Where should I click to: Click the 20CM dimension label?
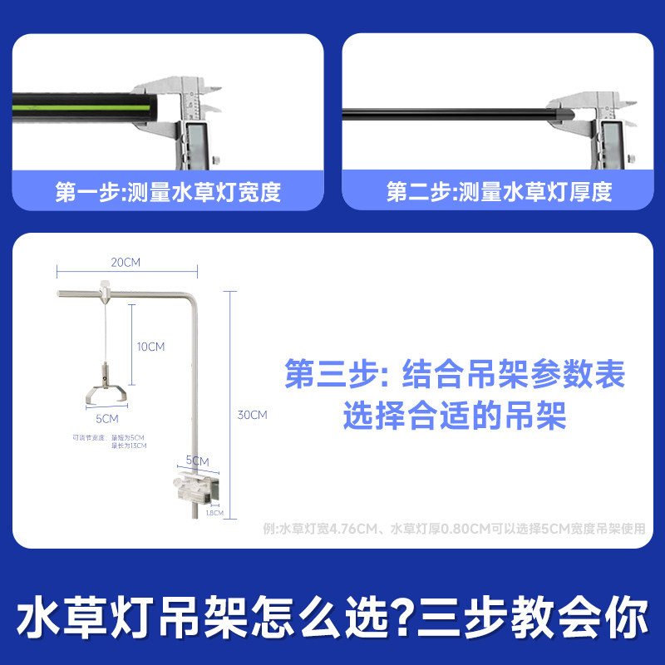126,262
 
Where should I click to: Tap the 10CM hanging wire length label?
151,347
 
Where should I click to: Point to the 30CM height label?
253,415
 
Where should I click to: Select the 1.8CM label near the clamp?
214,513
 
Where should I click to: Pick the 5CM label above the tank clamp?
197,461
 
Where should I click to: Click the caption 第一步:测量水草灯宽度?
168,193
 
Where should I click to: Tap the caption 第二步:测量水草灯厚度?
499,193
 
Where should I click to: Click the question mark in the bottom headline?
401,620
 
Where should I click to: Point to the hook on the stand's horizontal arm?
105,288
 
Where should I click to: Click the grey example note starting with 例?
454,528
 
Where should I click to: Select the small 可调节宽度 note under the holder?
89,438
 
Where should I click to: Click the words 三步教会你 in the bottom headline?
532,620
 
